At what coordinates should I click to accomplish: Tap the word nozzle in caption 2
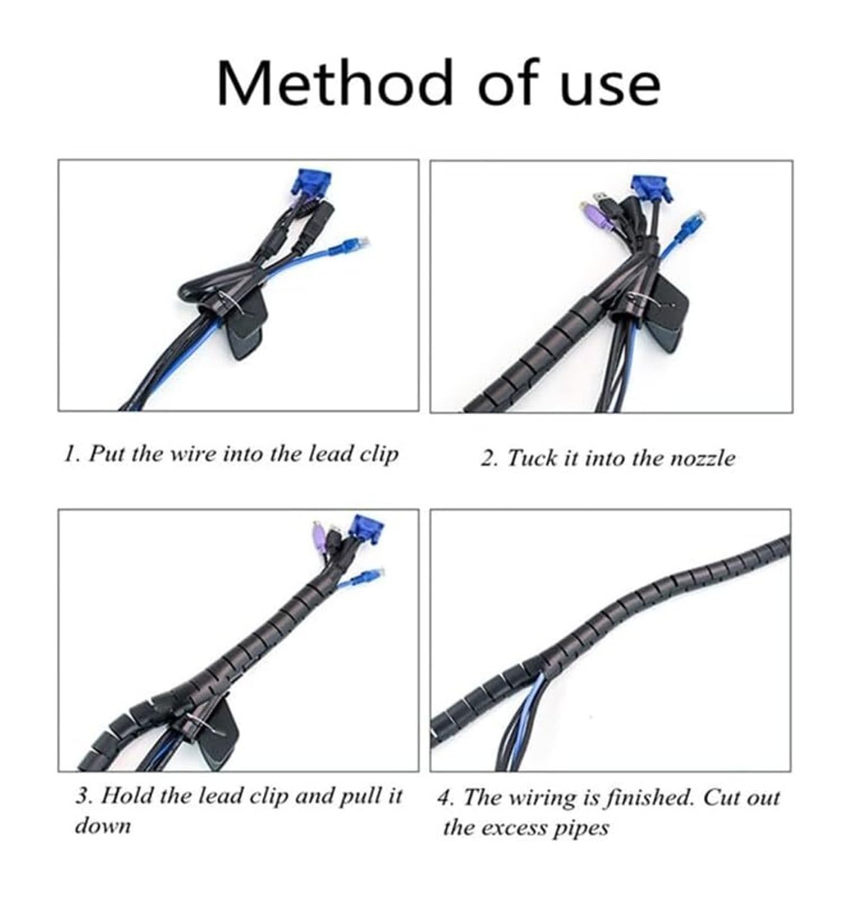tap(702, 459)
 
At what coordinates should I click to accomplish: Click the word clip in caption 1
tap(379, 453)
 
